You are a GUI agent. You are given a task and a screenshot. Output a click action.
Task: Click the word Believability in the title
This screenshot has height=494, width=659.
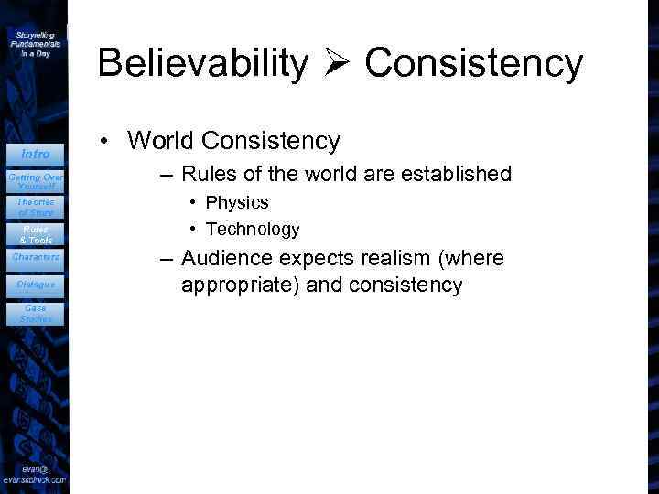[203, 63]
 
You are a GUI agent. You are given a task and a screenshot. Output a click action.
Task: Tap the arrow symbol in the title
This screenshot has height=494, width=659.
[337, 64]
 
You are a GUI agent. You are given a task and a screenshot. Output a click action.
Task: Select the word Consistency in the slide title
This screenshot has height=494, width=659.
[474, 64]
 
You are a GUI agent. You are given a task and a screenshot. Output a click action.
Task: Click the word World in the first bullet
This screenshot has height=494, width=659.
[162, 141]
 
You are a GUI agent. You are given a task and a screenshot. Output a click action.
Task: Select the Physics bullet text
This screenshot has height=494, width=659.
[237, 202]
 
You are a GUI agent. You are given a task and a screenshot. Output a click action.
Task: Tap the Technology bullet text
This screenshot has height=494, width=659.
[253, 229]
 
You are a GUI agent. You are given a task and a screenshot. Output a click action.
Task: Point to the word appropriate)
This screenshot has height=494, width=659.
[240, 285]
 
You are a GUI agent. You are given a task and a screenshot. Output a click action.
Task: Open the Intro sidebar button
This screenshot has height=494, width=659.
[36, 154]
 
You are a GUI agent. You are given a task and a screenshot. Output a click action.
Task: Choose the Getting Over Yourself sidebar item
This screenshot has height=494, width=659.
[36, 179]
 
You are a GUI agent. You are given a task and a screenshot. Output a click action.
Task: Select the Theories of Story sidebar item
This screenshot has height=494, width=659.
[36, 206]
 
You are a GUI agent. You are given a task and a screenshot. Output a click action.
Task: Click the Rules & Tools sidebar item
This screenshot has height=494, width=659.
[36, 233]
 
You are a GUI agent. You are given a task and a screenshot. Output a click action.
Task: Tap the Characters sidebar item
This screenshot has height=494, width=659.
[36, 257]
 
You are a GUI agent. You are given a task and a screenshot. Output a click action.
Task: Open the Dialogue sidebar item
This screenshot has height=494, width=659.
[36, 285]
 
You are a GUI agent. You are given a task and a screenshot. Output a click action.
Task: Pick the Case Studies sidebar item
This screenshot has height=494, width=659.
[36, 314]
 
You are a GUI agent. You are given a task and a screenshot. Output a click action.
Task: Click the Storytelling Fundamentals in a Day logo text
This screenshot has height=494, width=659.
[36, 43]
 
